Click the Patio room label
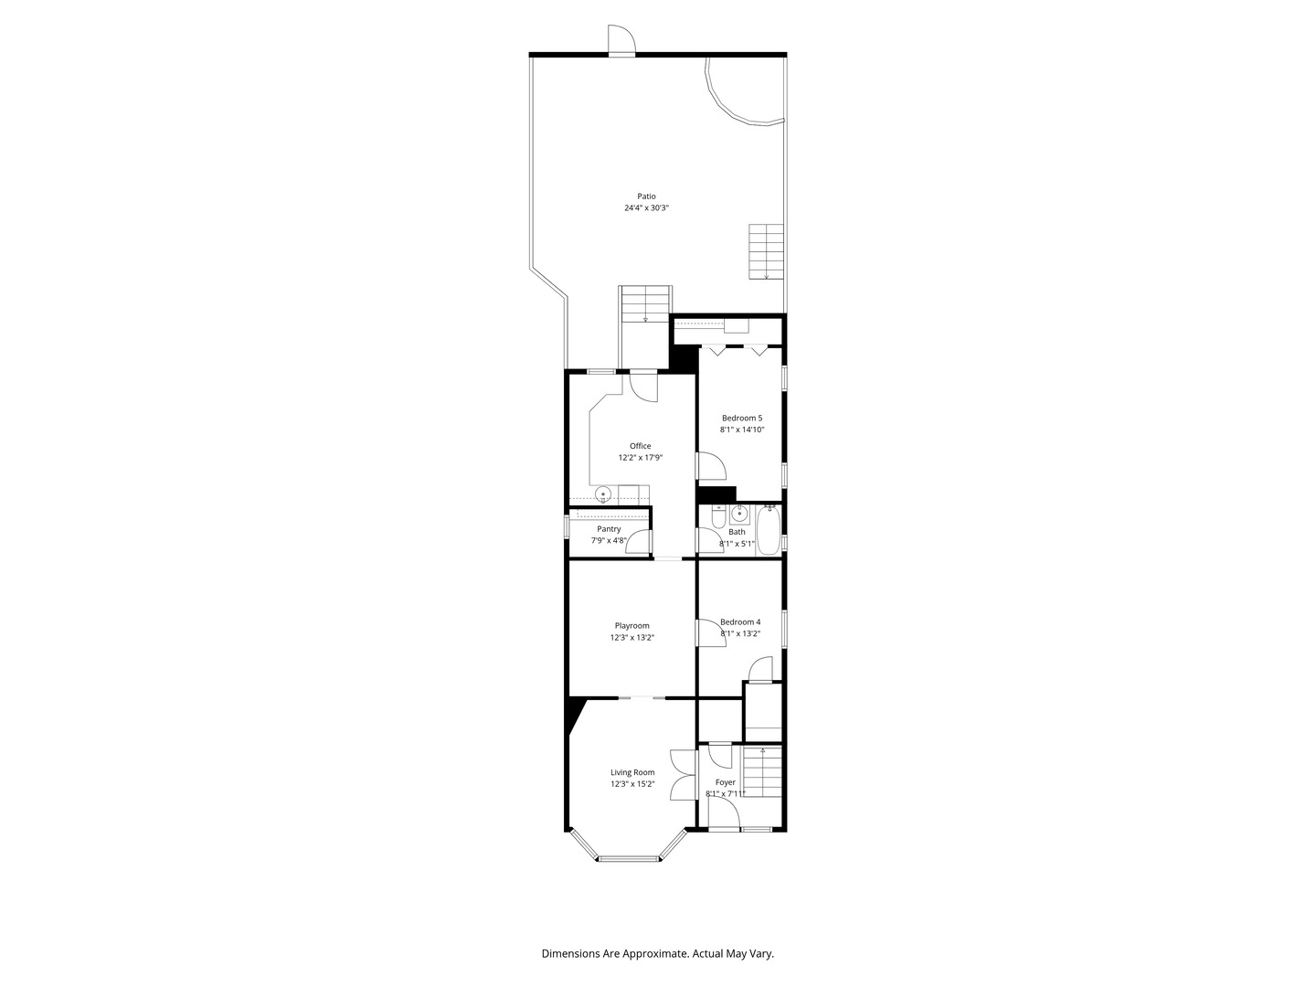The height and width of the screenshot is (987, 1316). pos(646,196)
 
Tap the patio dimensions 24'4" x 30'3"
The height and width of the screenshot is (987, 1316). pos(646,208)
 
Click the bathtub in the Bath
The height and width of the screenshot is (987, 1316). pos(768,530)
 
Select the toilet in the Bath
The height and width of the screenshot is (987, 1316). pos(718,516)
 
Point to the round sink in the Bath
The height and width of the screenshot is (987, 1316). pos(739,513)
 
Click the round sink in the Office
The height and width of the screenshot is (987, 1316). pos(782,494)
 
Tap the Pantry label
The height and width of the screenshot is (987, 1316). pos(609,529)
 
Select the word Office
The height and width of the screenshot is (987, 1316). pos(640,446)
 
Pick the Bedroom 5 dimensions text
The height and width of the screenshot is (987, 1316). pos(742,430)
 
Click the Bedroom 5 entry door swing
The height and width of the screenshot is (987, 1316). pos(711,466)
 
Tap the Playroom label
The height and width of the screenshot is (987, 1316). pos(631,626)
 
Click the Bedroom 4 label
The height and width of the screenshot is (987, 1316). pos(740,622)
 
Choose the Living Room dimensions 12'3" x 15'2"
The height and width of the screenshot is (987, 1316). pos(632,784)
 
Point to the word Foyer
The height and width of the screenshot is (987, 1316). pos(726,782)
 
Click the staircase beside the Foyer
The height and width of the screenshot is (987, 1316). pos(761,776)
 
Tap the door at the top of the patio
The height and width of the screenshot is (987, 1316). pos(621,40)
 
